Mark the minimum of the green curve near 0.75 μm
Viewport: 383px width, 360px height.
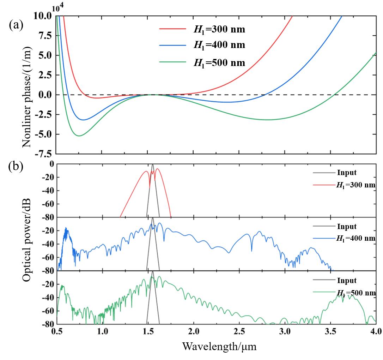(x=79, y=136)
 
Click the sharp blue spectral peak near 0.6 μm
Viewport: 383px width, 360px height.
(x=66, y=229)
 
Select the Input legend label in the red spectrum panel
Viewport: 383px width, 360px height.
(x=347, y=173)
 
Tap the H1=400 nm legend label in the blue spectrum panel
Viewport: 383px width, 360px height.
(x=355, y=239)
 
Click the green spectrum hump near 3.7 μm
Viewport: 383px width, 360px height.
(x=344, y=295)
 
